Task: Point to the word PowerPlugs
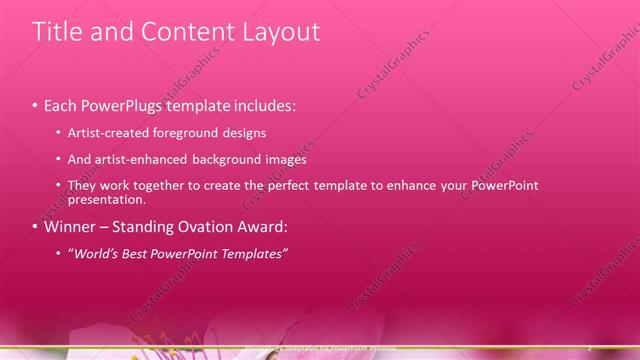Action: point(122,104)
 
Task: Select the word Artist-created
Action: point(111,132)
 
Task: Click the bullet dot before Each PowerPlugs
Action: point(35,105)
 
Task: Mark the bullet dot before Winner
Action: point(35,227)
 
